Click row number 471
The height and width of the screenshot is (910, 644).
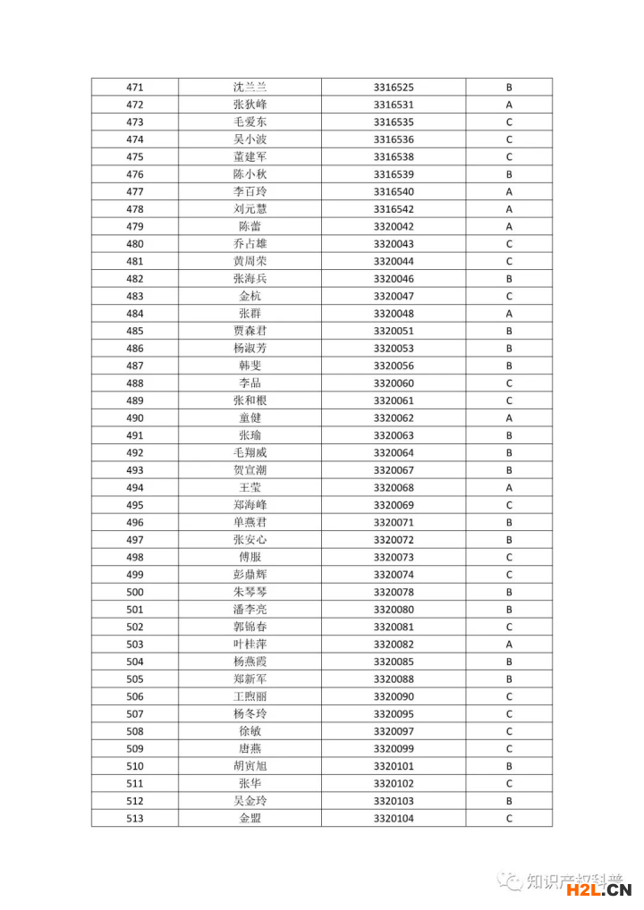tap(135, 88)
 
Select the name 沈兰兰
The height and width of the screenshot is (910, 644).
tap(250, 88)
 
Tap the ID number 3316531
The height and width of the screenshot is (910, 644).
tap(394, 105)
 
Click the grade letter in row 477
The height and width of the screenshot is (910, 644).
tap(509, 192)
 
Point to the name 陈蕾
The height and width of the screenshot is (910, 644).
tap(250, 227)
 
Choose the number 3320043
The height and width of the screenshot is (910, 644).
tap(394, 244)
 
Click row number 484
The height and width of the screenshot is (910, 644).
tap(135, 314)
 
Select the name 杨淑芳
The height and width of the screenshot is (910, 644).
tap(250, 349)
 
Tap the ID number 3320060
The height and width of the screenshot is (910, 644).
tap(394, 383)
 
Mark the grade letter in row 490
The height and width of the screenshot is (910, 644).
tap(509, 418)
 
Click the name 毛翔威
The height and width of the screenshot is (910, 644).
tap(250, 453)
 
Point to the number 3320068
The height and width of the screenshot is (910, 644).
tap(394, 488)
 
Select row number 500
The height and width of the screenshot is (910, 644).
tap(135, 593)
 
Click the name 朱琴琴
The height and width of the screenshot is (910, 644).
tap(250, 593)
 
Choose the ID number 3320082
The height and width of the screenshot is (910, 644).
tap(394, 645)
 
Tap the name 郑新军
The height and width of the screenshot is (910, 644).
tap(250, 679)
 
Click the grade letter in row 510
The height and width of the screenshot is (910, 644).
tap(509, 766)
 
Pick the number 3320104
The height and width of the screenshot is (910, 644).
tap(394, 819)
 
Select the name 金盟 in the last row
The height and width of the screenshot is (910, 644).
tap(250, 819)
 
